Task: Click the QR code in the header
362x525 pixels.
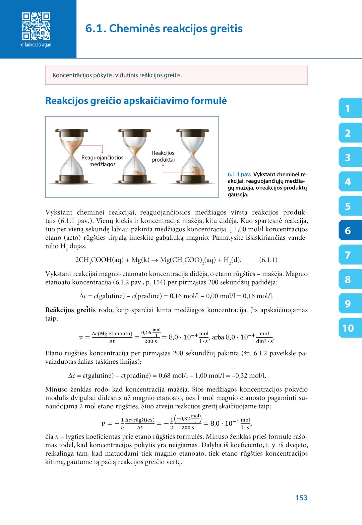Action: click(x=36, y=26)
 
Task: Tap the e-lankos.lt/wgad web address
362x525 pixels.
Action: click(x=36, y=45)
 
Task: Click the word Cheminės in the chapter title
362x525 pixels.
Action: click(x=135, y=28)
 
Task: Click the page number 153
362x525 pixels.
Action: click(x=301, y=498)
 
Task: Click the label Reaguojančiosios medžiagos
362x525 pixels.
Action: click(x=102, y=161)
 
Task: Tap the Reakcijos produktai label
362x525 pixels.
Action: click(x=163, y=156)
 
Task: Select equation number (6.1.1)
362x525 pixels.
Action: click(x=268, y=260)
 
